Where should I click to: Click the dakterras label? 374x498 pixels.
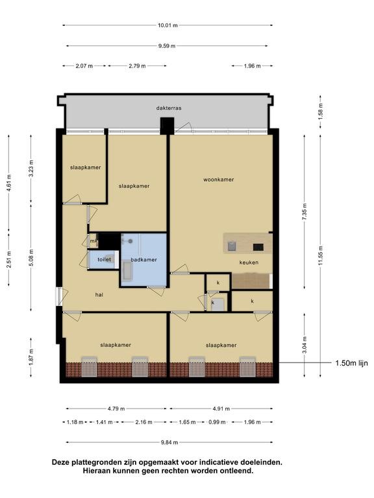coord(169,108)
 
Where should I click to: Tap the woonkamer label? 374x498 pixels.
coord(218,180)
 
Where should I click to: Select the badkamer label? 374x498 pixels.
coord(143,259)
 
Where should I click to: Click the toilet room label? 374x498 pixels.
coord(104,259)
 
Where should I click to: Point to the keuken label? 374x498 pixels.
coord(249,263)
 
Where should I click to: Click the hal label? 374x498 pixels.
coord(99,295)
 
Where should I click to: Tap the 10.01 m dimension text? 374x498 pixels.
coord(168,25)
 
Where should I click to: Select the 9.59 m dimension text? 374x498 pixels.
coord(167,46)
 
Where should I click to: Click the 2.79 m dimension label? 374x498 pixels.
coord(138,65)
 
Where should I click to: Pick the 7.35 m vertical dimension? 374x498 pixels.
coord(305,212)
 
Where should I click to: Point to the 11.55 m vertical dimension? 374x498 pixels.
coord(320,255)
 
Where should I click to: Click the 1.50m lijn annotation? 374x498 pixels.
coord(351,362)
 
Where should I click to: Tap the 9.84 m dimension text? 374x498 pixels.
coord(169,442)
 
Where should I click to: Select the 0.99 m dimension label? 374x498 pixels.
coord(217,422)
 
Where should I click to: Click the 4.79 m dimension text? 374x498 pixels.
coord(116,409)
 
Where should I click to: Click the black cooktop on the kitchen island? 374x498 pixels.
coord(258,247)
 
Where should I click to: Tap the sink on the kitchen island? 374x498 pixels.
coord(232,246)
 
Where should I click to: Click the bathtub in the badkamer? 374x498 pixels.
coord(127,271)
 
